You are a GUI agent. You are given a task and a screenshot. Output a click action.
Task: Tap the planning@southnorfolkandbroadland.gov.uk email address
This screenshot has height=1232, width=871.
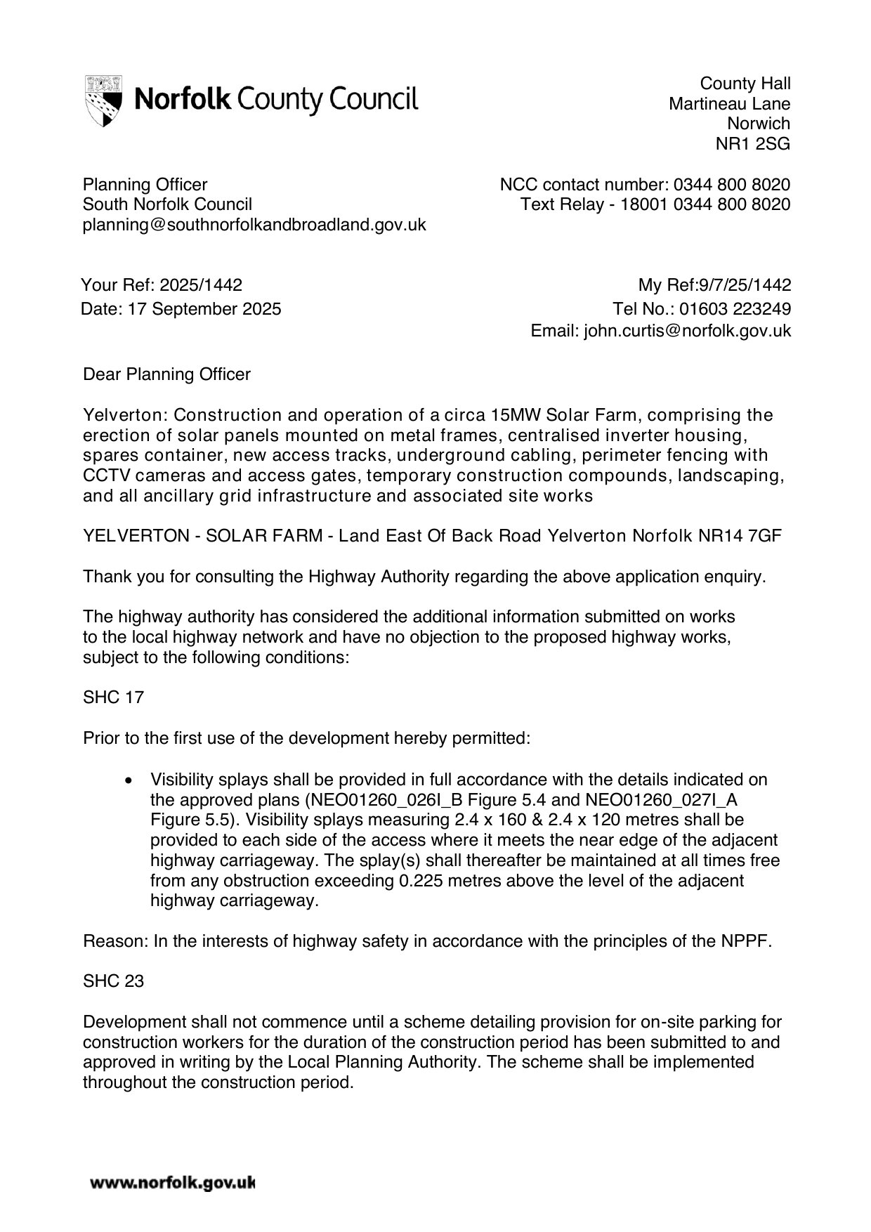pyautogui.click(x=254, y=225)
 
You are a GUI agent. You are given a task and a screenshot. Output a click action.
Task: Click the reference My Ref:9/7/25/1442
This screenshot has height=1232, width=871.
pyautogui.click(x=714, y=285)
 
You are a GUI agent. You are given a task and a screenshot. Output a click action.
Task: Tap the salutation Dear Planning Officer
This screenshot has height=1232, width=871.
pyautogui.click(x=166, y=374)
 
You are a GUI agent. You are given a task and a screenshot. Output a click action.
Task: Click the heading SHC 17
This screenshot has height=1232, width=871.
pyautogui.click(x=113, y=697)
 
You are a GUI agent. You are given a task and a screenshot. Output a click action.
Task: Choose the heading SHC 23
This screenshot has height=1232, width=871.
pyautogui.click(x=113, y=981)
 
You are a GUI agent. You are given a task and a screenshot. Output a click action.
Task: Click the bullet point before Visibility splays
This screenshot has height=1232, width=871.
pyautogui.click(x=128, y=780)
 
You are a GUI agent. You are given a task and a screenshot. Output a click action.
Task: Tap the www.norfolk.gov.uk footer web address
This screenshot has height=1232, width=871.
pyautogui.click(x=171, y=1184)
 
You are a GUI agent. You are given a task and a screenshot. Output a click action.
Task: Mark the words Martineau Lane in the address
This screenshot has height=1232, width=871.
pyautogui.click(x=729, y=104)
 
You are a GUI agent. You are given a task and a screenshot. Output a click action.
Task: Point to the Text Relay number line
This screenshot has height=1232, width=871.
pyautogui.click(x=655, y=204)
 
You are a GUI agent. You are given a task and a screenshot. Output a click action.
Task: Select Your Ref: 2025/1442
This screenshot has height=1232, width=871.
pyautogui.click(x=162, y=285)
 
